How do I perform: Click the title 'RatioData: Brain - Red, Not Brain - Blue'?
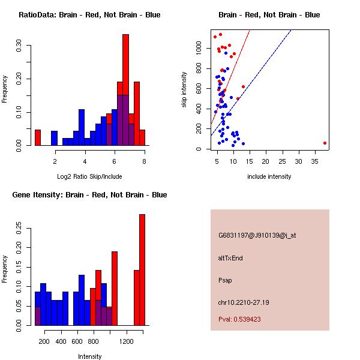pos(89,15)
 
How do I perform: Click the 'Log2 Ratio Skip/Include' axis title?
pos(89,177)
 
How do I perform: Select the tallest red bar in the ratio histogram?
pos(125,60)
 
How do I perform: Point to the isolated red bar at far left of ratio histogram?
pos(38,137)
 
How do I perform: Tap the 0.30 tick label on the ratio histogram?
pos(19,47)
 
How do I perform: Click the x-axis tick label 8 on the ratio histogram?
pos(144,161)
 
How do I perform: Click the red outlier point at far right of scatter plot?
pos(325,143)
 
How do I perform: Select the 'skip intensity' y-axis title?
pos(185,90)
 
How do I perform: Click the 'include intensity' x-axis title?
pos(269,177)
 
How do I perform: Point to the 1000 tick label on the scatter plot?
pos(199,51)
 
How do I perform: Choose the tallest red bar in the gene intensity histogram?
pos(142,270)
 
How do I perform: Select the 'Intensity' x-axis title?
pos(89,357)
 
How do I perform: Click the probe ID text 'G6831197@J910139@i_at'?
pos(257,235)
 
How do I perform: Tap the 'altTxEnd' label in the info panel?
pos(230,258)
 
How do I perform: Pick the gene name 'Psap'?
pos(225,280)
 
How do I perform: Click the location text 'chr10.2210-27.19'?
pos(244,302)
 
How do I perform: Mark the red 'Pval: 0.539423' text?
pos(239,319)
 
